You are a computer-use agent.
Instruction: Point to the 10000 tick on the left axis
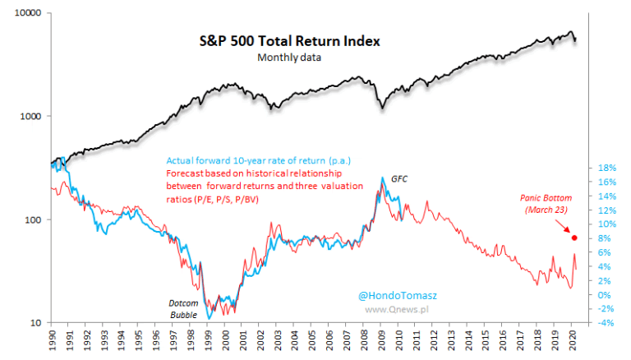[29, 12]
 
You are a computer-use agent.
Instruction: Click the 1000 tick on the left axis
[31, 116]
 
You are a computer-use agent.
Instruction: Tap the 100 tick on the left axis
[34, 219]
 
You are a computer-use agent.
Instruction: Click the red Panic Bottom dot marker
[574, 238]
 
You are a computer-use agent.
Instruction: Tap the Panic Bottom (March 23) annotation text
[546, 204]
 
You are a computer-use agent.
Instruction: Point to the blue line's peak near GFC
[383, 178]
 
